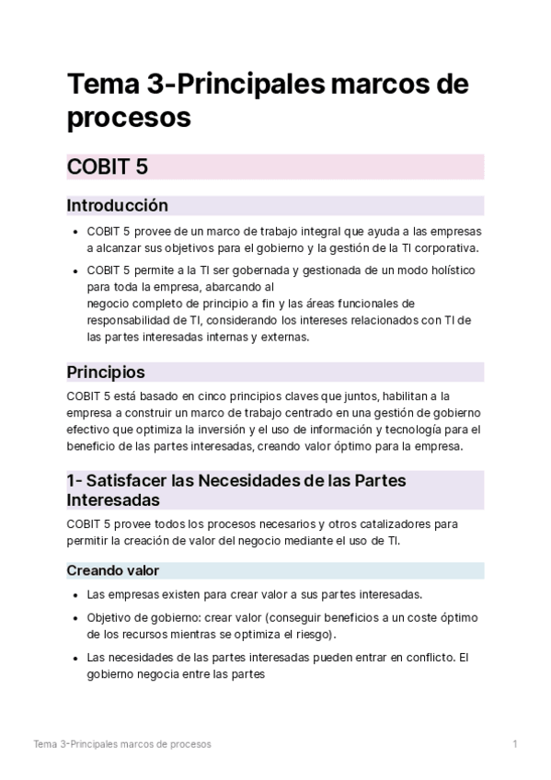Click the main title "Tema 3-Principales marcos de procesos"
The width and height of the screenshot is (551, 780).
267,101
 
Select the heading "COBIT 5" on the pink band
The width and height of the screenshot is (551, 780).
108,166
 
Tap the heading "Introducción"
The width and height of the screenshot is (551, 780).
117,205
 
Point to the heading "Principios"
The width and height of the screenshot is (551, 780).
105,373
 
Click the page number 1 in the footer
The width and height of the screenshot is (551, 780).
515,743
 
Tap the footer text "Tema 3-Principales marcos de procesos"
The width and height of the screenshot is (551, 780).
122,743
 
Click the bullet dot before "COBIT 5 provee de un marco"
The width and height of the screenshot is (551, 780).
75,232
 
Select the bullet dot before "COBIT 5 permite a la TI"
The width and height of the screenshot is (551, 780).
75,270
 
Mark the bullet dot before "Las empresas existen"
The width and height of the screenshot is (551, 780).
75,594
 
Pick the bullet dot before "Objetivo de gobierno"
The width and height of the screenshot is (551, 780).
75,618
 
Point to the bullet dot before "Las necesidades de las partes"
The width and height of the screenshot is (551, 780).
75,658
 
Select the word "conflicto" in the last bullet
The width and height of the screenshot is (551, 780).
424,658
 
